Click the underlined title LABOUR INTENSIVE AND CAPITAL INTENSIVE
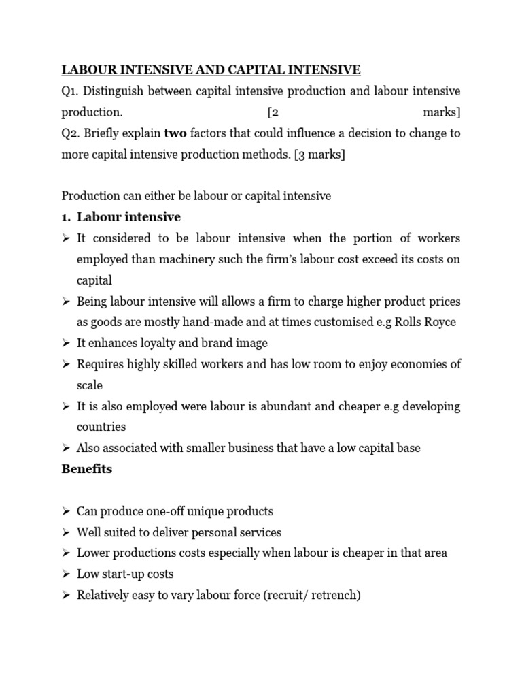click(211, 69)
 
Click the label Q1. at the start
click(71, 91)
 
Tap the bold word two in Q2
click(176, 133)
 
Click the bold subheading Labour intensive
click(128, 217)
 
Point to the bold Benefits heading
click(87, 469)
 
